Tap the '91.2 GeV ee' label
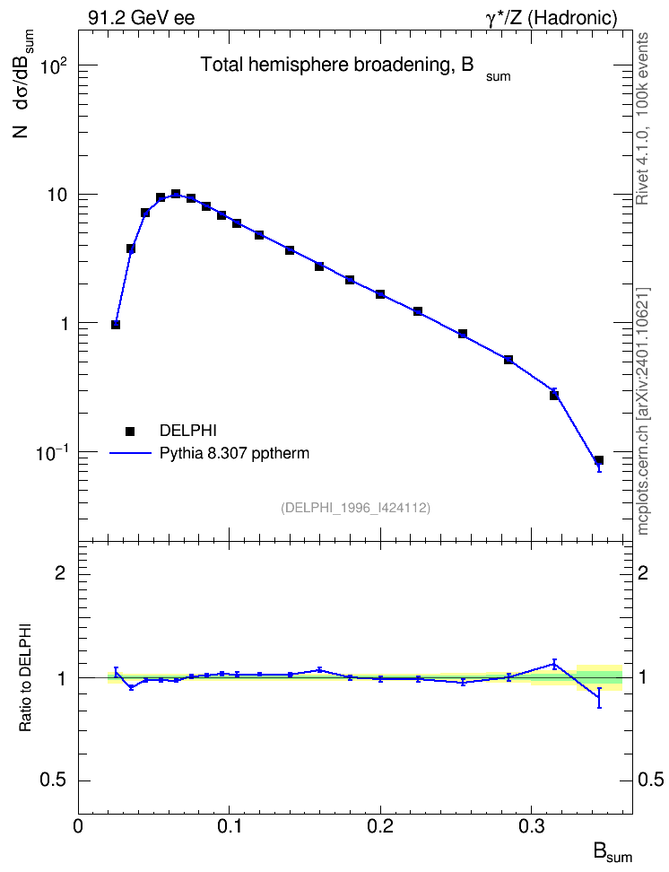click(x=142, y=18)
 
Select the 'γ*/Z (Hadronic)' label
click(x=552, y=19)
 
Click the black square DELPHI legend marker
click(x=130, y=431)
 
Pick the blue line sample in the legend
click(x=131, y=453)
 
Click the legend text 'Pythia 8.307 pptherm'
click(x=234, y=453)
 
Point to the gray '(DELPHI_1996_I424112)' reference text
click(x=356, y=508)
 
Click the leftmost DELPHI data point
click(x=116, y=325)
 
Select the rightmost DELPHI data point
click(x=599, y=460)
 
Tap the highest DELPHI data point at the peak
click(x=176, y=194)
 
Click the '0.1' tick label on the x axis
click(x=229, y=826)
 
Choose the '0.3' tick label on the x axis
click(x=531, y=826)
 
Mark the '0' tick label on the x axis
click(x=78, y=826)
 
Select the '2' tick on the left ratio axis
click(x=60, y=572)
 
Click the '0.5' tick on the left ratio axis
click(x=53, y=780)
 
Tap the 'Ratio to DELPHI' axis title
click(x=26, y=678)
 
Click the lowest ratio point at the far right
click(x=599, y=698)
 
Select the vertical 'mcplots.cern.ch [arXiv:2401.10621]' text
click(x=643, y=412)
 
